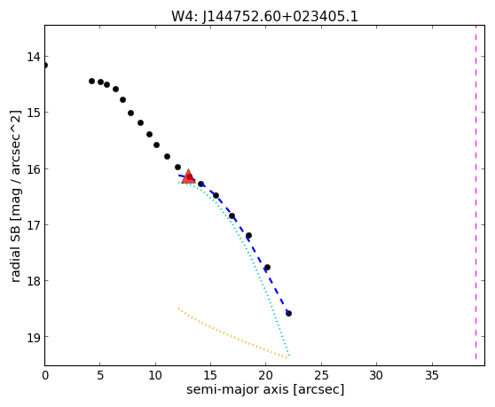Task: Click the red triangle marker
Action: [188, 176]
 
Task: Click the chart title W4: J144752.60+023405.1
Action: [264, 17]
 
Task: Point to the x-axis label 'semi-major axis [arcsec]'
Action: [265, 389]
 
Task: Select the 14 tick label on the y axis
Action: [34, 57]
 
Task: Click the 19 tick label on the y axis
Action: [34, 337]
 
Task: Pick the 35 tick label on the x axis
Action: [432, 375]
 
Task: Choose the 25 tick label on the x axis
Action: [321, 375]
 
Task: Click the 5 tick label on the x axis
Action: [100, 375]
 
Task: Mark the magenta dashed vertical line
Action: [475, 192]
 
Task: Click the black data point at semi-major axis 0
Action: [45, 66]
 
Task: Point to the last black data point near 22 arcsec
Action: [288, 313]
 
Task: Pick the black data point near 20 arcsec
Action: [267, 268]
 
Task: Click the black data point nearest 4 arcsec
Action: [91, 81]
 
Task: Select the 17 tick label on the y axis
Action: [34, 224]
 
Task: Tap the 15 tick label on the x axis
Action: [210, 375]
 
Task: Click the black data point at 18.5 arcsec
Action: [248, 235]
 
